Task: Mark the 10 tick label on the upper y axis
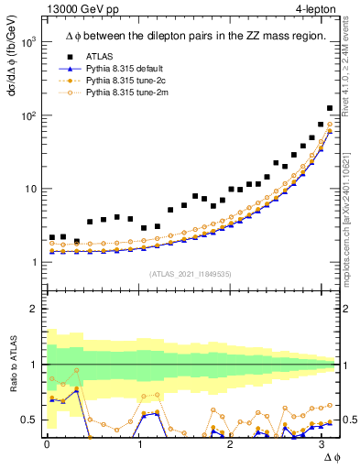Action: pyautogui.click(x=30, y=190)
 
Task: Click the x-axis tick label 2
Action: pyautogui.click(x=231, y=445)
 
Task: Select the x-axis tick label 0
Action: pyautogui.click(x=47, y=445)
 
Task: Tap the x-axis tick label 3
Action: pyautogui.click(x=322, y=445)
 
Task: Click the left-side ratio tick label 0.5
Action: pyautogui.click(x=30, y=420)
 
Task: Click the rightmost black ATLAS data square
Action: pyautogui.click(x=330, y=108)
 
